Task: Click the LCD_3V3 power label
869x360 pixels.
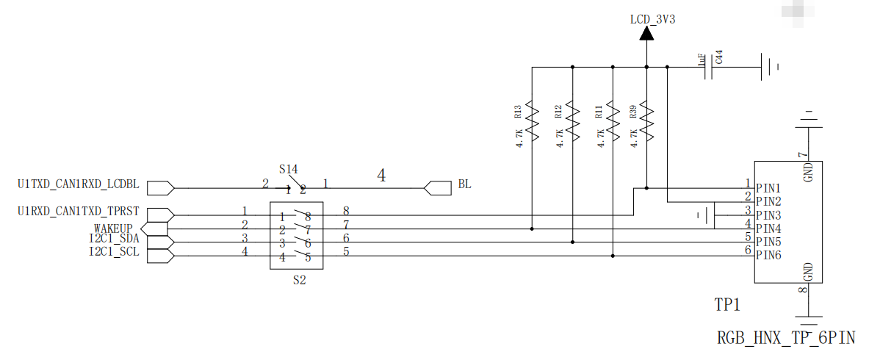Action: point(652,20)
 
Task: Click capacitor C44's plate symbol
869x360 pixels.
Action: point(708,68)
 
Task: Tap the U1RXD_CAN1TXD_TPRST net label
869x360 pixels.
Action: point(78,212)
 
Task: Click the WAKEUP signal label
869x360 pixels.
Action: point(113,228)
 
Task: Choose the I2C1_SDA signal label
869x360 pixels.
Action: point(114,240)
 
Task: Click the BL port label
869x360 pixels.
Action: point(465,184)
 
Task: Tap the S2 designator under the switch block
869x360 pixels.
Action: point(299,280)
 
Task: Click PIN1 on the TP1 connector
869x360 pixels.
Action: point(768,188)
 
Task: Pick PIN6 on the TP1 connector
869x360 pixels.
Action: point(768,255)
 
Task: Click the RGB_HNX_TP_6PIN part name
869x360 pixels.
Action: point(787,338)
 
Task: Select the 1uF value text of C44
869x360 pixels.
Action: point(702,60)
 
